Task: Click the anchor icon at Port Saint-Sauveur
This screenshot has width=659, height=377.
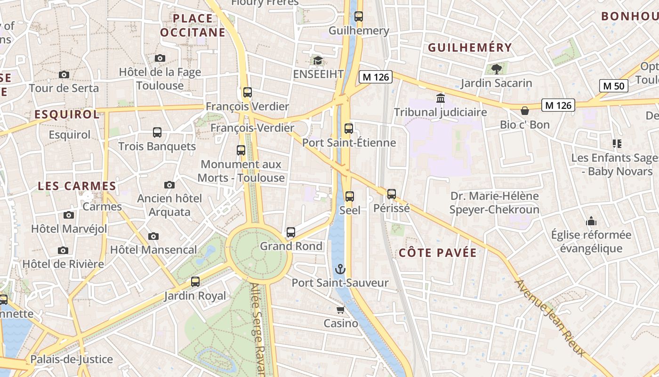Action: pos(340,269)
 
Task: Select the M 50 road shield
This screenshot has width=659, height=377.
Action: pos(614,86)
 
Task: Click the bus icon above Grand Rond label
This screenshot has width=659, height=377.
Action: pos(291,232)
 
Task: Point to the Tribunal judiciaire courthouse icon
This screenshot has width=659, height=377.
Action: pos(441,98)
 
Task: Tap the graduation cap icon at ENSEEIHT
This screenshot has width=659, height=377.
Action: pos(318,61)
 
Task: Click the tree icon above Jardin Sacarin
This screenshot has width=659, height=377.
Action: pos(496,69)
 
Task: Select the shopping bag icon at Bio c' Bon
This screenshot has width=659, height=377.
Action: pos(525,111)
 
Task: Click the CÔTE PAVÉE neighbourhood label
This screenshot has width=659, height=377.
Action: pos(438,253)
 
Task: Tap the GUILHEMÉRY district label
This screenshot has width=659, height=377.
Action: pos(470,48)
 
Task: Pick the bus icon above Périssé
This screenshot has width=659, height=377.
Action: pos(392,194)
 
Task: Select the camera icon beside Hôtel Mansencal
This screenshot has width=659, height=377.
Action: pos(153,236)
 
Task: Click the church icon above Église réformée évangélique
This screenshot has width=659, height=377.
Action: pos(591,221)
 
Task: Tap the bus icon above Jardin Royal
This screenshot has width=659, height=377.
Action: pos(195,282)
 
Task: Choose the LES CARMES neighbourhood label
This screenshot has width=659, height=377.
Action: pos(77,186)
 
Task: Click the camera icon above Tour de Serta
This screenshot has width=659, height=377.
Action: pos(64,74)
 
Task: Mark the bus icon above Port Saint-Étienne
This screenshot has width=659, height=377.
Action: pos(349,128)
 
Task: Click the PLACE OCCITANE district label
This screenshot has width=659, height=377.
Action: pos(193,25)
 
